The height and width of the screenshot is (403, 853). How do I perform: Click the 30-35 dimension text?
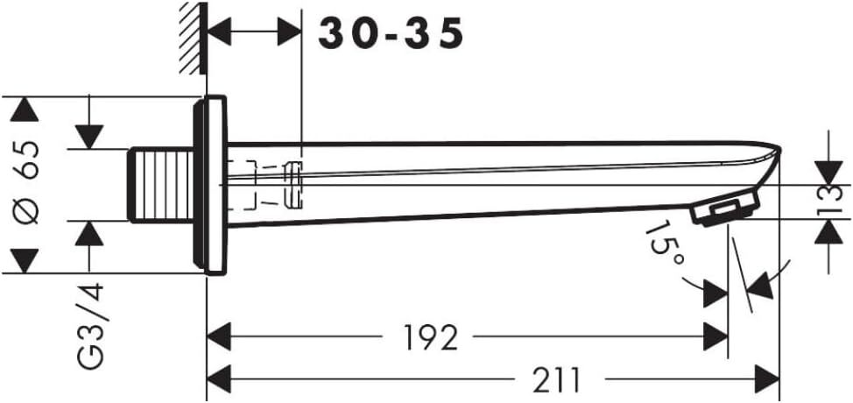pos(391,33)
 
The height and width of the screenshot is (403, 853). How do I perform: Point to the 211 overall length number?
pos(556,379)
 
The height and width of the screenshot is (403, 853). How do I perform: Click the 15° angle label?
pos(665,244)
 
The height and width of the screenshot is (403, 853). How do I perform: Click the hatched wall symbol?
pos(193,38)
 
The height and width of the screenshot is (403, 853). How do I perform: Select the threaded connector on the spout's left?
pos(161,185)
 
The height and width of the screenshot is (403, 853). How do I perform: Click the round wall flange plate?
pos(210,185)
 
